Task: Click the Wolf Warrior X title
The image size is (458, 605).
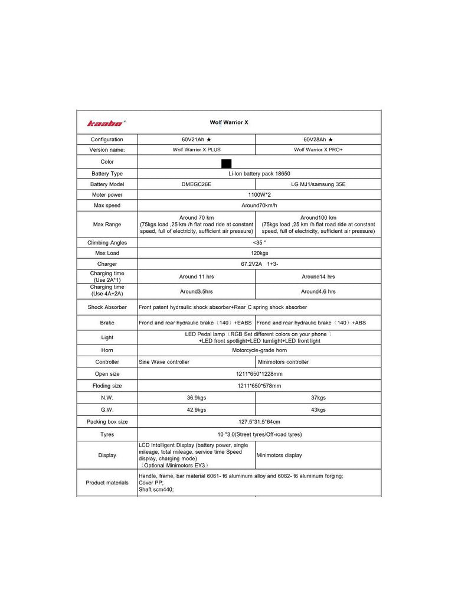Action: point(230,122)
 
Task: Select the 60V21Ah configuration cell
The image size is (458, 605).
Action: point(197,139)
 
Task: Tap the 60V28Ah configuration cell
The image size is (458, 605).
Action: point(319,139)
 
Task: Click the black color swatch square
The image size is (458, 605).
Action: point(226,163)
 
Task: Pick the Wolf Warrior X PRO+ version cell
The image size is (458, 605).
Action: point(319,150)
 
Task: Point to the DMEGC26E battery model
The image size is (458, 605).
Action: point(197,184)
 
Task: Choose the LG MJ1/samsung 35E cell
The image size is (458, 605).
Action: point(319,184)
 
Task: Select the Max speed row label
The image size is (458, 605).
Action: point(107,206)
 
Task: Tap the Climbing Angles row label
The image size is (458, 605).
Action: point(107,243)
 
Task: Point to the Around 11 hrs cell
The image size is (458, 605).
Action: point(197,277)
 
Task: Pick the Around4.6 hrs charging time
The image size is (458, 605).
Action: point(318,291)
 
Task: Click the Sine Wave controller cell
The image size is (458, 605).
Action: point(164,362)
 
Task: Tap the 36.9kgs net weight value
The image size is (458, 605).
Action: point(197,398)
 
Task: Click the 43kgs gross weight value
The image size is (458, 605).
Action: point(318,410)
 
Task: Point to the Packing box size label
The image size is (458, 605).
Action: point(107,422)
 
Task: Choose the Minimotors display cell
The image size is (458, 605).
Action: point(279,456)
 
